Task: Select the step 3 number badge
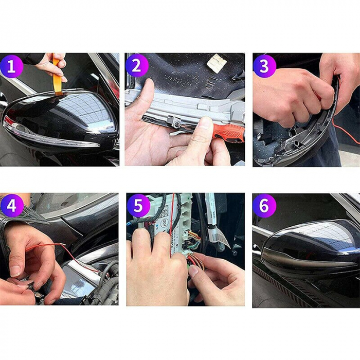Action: [264, 66]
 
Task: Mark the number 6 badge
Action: [264, 206]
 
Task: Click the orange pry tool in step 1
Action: [57, 77]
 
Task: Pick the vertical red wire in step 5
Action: [173, 216]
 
